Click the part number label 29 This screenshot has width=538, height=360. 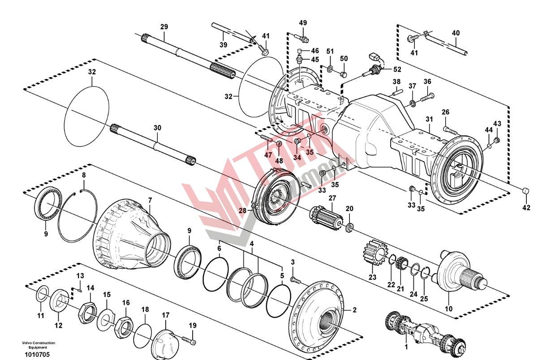tap(164, 27)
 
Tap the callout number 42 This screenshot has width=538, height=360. tap(526, 207)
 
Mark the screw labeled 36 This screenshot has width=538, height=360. tap(426, 96)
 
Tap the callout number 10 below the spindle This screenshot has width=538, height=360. tap(448, 309)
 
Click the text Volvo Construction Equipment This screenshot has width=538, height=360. tap(38, 345)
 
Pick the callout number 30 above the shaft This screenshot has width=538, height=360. tap(157, 128)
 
